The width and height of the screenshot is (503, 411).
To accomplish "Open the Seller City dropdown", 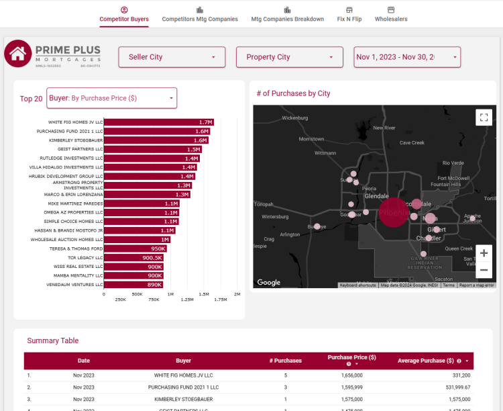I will point(172,57).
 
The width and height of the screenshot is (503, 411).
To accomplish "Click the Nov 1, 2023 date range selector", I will point(407,57).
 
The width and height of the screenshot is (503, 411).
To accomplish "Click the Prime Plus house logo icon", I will point(18,54).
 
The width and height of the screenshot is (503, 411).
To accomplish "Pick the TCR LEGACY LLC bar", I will point(134,257).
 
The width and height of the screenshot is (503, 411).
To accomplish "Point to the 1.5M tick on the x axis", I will point(204,294).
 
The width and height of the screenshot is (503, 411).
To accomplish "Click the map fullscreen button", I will point(484,117).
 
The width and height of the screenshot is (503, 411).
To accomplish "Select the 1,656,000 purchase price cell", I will point(351,375).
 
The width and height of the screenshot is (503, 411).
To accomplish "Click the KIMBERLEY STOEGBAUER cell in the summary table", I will point(183,399).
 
